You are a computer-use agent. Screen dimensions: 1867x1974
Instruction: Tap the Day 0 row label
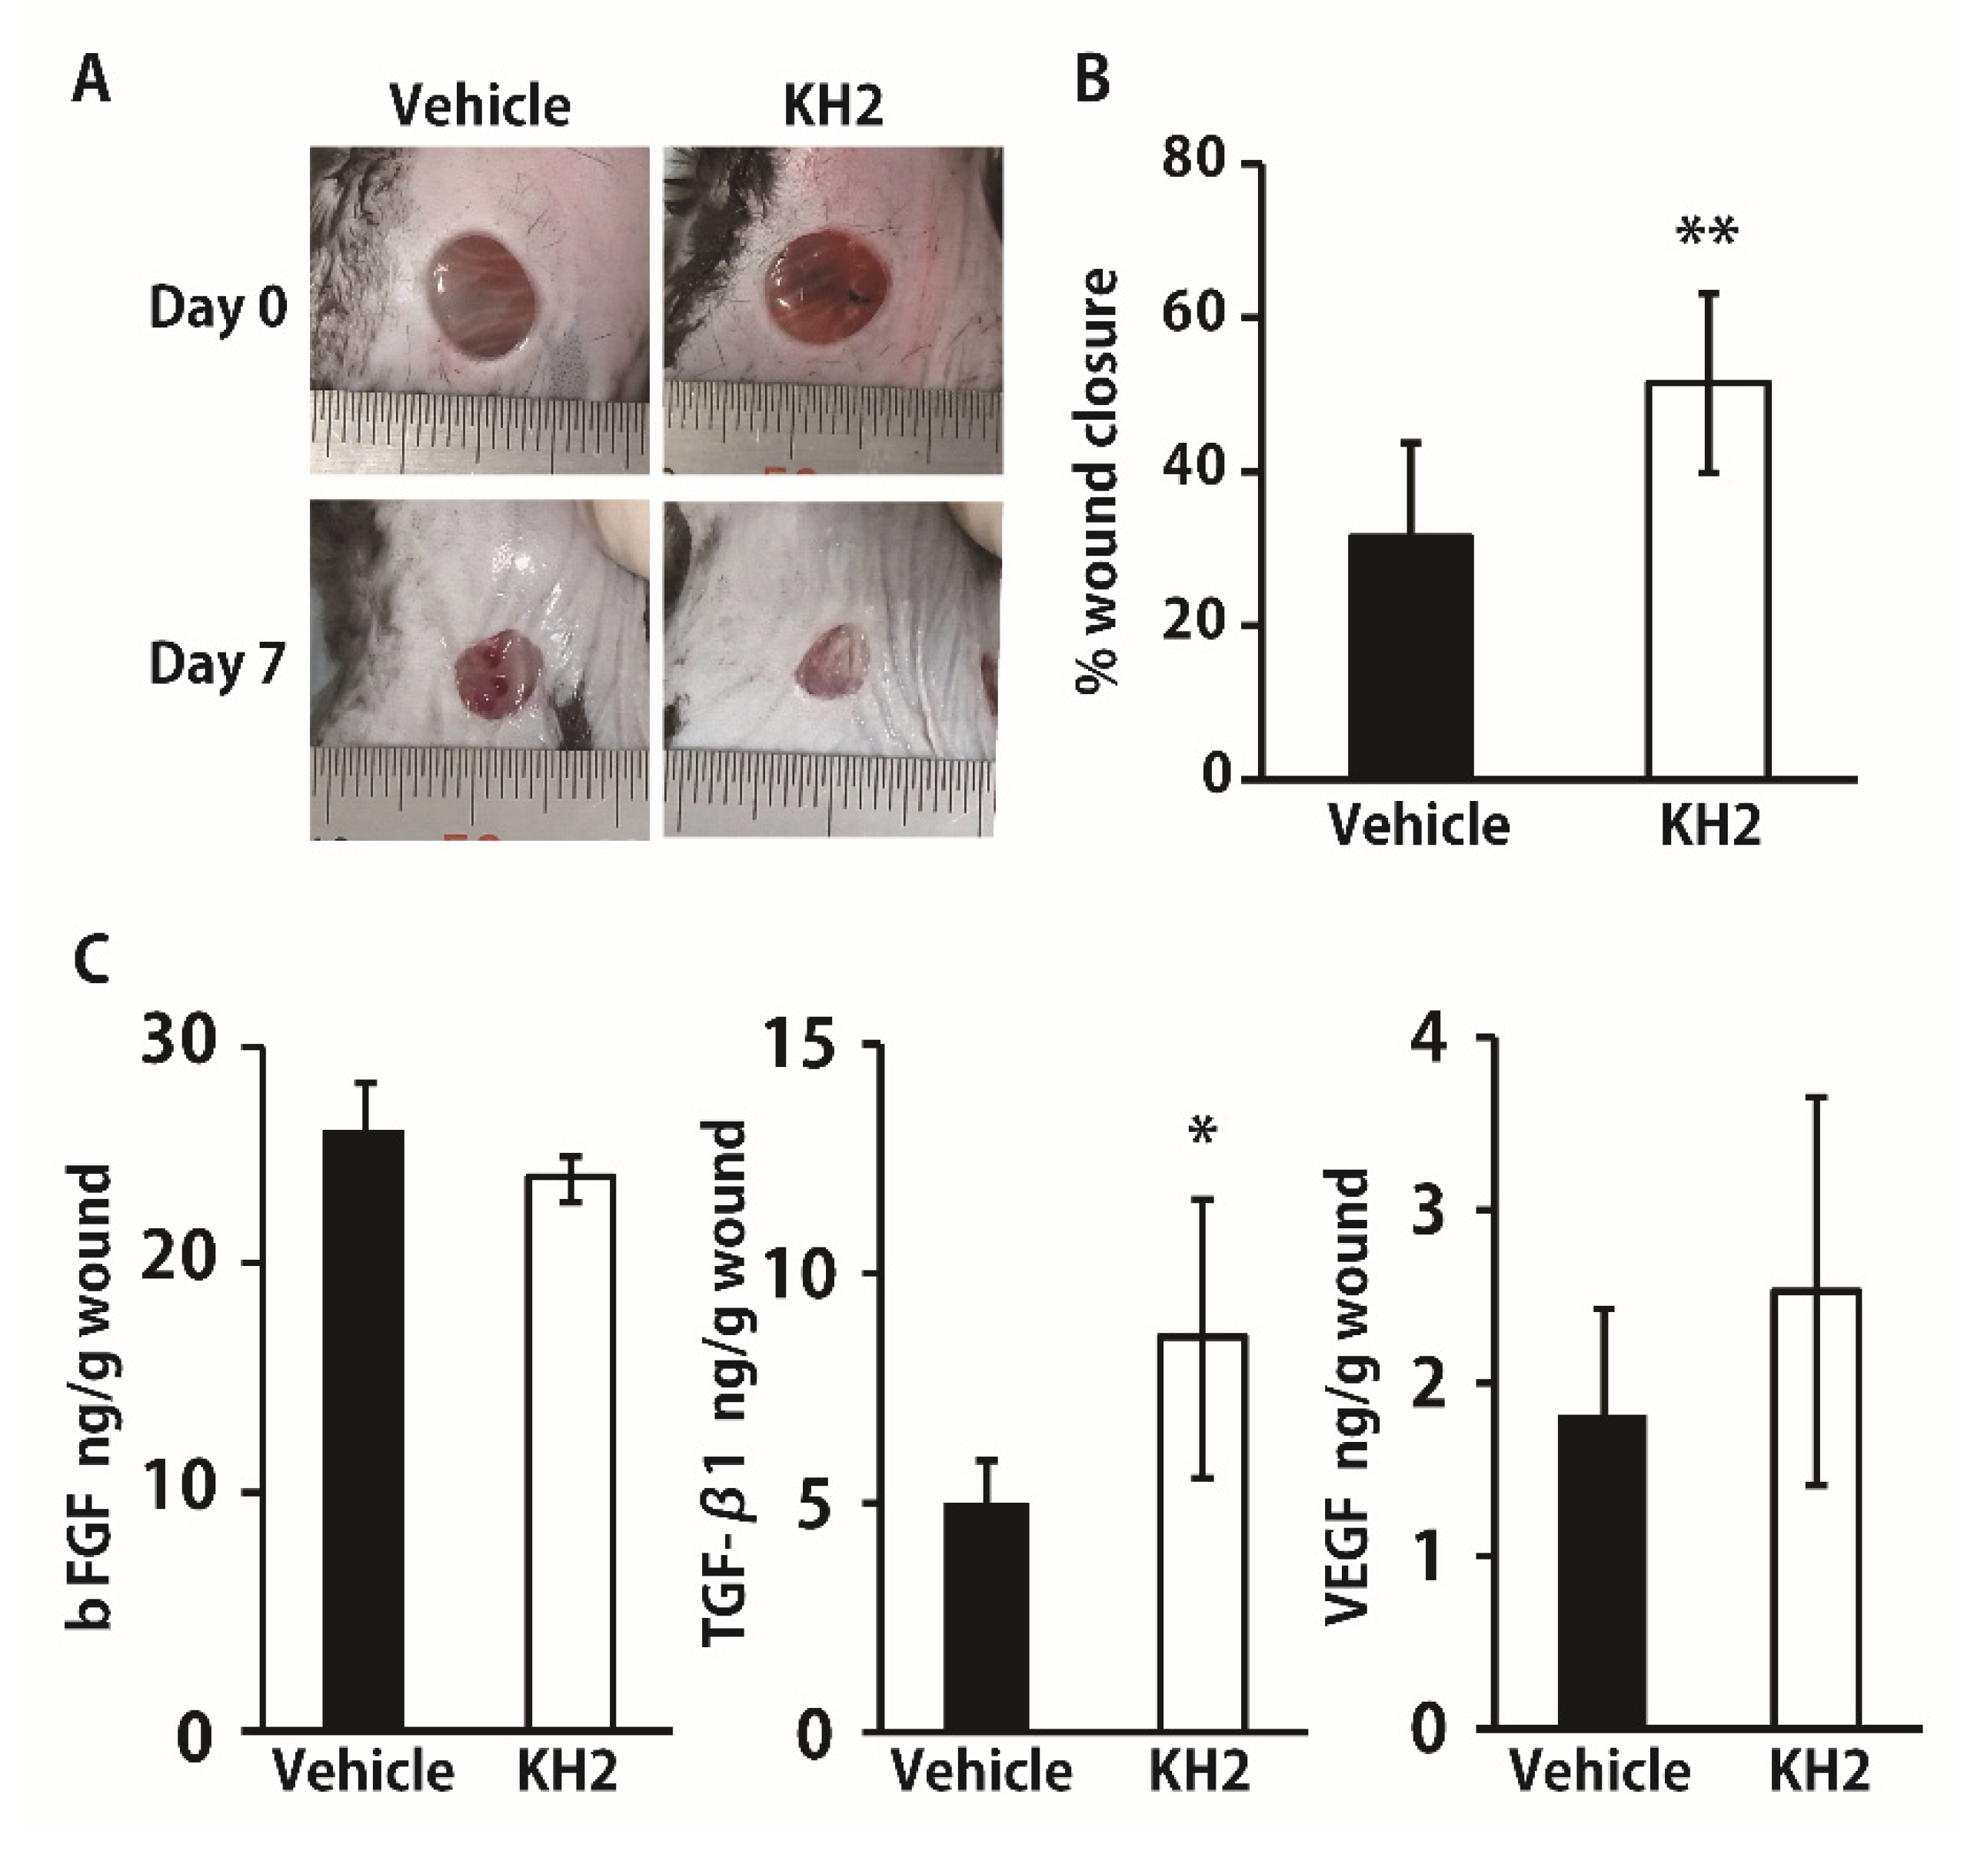click(218, 308)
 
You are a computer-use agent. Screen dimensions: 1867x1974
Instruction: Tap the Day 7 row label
click(218, 665)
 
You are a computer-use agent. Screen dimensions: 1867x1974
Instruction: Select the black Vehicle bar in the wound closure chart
click(1410, 657)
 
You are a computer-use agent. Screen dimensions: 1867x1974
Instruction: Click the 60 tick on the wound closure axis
click(1194, 318)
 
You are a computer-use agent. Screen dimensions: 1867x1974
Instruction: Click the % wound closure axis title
click(1098, 477)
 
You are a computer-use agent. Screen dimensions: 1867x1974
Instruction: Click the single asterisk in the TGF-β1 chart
click(1203, 1131)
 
